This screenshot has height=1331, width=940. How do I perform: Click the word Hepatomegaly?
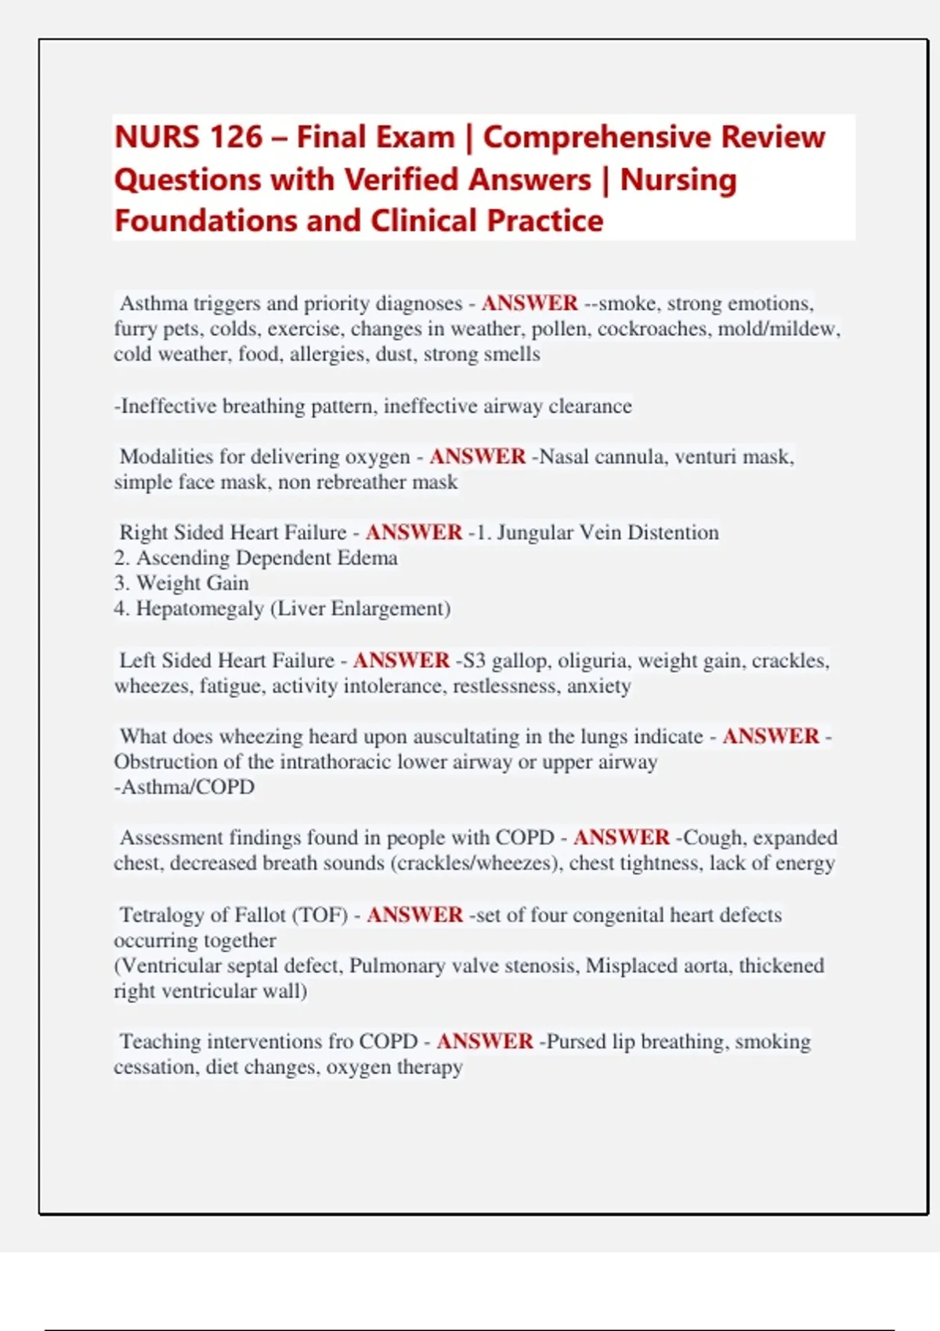tap(199, 608)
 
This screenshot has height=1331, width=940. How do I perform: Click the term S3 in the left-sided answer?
tap(474, 661)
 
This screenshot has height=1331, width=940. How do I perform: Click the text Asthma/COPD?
tap(186, 787)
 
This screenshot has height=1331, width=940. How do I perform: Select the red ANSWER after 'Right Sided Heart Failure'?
tap(414, 532)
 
